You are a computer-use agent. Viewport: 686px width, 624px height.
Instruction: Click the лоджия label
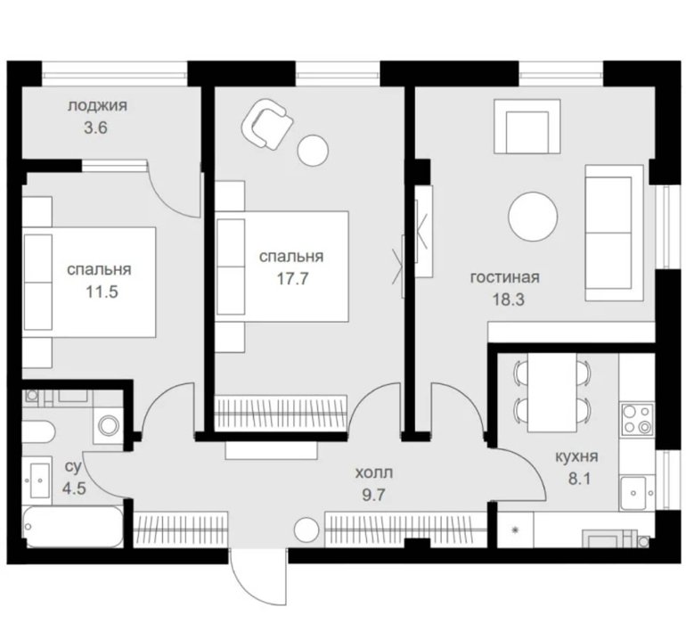97,106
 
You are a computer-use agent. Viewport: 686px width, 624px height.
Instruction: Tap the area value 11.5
102,291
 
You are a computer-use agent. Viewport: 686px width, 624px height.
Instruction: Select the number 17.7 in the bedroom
293,278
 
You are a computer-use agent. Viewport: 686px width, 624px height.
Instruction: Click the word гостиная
504,277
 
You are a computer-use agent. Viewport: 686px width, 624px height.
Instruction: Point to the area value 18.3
509,300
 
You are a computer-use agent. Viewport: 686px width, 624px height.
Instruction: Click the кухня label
576,456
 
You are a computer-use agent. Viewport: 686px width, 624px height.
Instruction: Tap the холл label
373,473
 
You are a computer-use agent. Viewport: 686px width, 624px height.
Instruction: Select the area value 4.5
74,489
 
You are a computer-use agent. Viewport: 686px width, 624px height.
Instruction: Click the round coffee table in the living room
534,216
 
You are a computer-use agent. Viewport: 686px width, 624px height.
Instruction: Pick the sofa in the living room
614,233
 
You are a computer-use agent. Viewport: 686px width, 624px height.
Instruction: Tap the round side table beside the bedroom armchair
313,151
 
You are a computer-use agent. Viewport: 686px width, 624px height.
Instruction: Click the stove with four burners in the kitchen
637,419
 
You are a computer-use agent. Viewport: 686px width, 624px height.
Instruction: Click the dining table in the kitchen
551,392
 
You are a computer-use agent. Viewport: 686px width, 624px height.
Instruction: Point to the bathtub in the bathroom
73,526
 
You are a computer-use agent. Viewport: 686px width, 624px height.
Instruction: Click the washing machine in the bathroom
109,424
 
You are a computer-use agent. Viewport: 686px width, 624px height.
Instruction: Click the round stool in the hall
306,530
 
